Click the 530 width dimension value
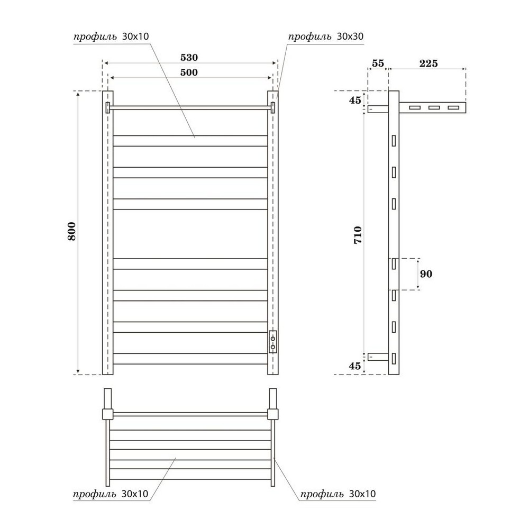click(189, 58)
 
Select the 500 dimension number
click(189, 72)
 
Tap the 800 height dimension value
click(72, 231)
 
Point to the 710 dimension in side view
click(358, 235)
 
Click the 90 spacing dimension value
click(426, 273)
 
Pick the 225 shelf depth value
click(428, 63)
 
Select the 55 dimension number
click(378, 63)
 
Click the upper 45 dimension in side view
click(355, 100)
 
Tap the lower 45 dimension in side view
click(355, 366)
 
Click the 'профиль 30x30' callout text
click(325, 37)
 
